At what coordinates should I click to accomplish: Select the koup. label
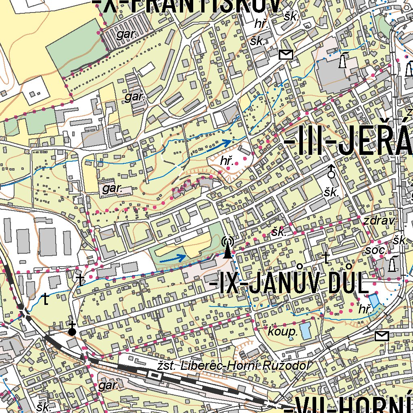[283, 332]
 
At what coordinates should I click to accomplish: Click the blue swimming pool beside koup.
[305, 331]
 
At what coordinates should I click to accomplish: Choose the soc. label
[376, 250]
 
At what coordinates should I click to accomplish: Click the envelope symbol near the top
[286, 54]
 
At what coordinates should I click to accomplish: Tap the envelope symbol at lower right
[382, 336]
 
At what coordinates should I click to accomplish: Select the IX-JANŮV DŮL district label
[289, 284]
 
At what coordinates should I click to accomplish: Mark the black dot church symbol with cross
[72, 331]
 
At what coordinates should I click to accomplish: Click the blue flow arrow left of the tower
[173, 258]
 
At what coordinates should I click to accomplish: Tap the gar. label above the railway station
[108, 386]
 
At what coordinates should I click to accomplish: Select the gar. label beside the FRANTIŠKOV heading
[127, 34]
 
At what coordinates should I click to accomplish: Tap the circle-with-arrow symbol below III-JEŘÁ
[331, 172]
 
